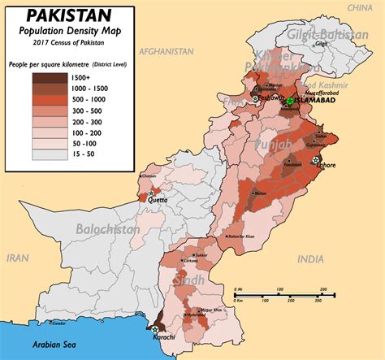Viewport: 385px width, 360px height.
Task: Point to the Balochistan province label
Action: (107, 229)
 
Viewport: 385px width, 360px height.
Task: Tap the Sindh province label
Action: (192, 280)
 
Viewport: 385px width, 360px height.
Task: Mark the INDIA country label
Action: (309, 258)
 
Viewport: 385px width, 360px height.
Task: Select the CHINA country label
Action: (360, 7)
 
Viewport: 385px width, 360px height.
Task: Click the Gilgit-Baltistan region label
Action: (326, 33)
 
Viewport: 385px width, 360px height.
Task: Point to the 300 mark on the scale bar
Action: (322, 289)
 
